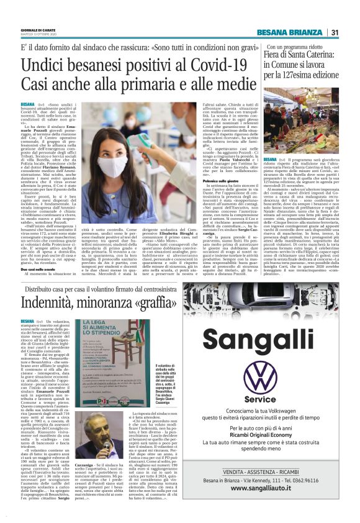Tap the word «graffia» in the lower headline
pos(153,304)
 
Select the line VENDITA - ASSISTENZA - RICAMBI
pos(269,472)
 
